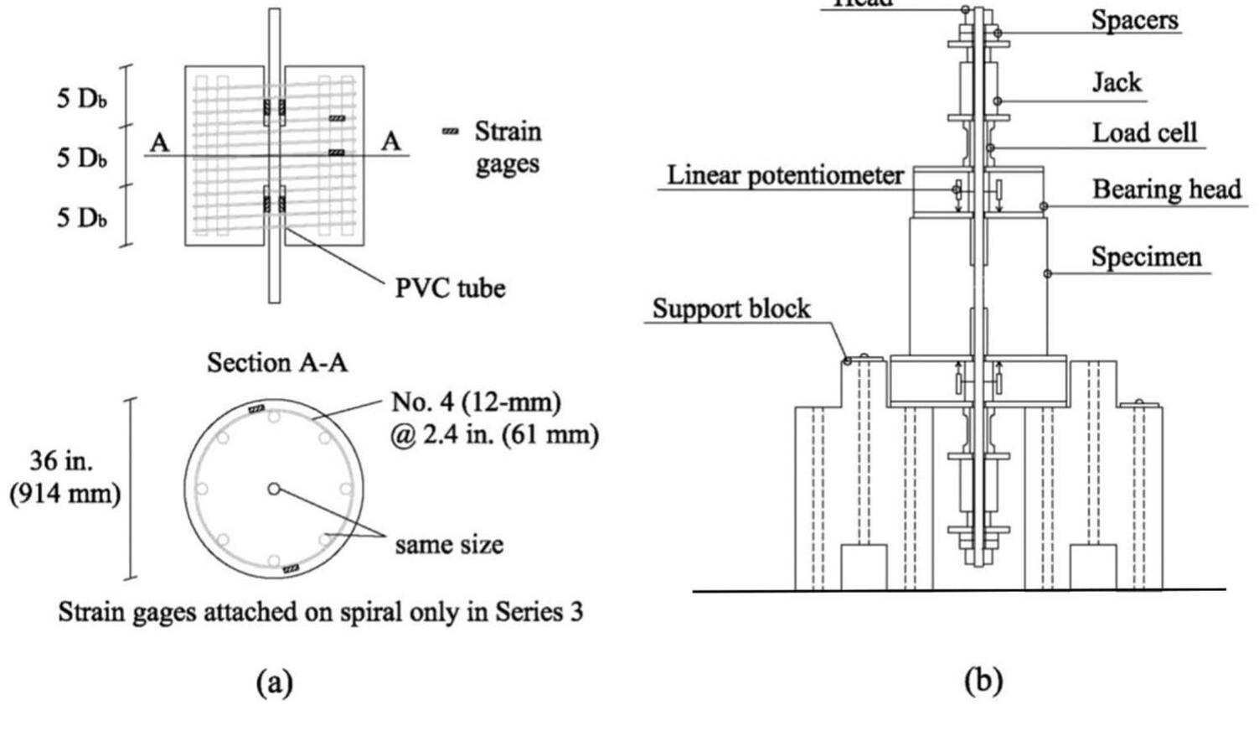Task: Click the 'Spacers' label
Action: pyautogui.click(x=1134, y=20)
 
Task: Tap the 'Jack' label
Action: pyautogui.click(x=1117, y=82)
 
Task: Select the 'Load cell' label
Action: pyautogui.click(x=1144, y=132)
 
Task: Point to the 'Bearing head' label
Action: pyautogui.click(x=1166, y=189)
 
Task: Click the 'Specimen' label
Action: pyautogui.click(x=1146, y=257)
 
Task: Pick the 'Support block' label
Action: pyautogui.click(x=731, y=308)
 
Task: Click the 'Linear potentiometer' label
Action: pyautogui.click(x=785, y=175)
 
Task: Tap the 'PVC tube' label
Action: pyautogui.click(x=450, y=288)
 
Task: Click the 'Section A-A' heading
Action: pyautogui.click(x=276, y=362)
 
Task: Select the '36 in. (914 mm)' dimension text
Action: pyautogui.click(x=65, y=477)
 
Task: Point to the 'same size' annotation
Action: pyautogui.click(x=449, y=545)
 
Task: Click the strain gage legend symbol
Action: pyautogui.click(x=451, y=132)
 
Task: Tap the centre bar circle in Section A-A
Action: pyautogui.click(x=274, y=489)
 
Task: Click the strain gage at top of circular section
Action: pyautogui.click(x=257, y=408)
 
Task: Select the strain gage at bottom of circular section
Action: pyautogui.click(x=291, y=569)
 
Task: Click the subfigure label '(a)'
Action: pyautogui.click(x=275, y=682)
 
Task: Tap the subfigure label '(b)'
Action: pyautogui.click(x=983, y=681)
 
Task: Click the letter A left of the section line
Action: pyautogui.click(x=159, y=143)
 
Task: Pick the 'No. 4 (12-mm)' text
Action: pyautogui.click(x=476, y=402)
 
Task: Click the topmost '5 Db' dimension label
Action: pyautogui.click(x=81, y=98)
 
